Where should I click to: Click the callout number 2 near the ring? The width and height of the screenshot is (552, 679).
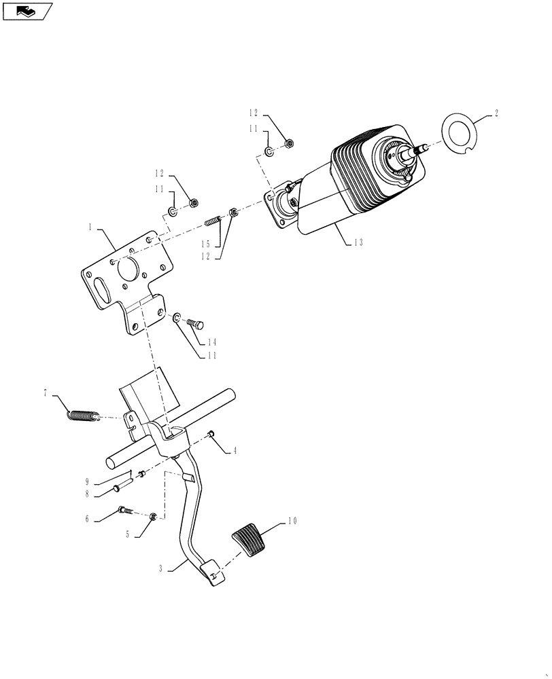pos(496,113)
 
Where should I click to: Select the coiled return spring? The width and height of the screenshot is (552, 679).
pos(84,414)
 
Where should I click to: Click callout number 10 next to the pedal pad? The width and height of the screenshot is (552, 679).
pos(292,521)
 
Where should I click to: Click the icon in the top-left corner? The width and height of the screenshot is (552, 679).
pos(27,11)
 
